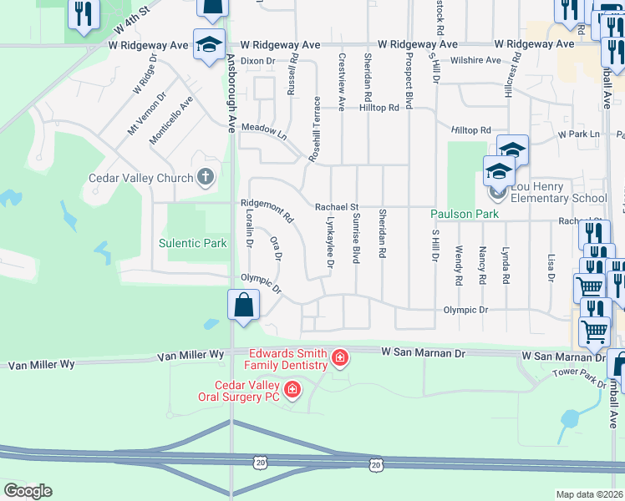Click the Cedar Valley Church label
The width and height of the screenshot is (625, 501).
[x=140, y=177]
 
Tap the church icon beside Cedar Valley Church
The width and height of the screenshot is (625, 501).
[x=206, y=177]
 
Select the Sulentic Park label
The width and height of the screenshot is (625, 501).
[x=193, y=244]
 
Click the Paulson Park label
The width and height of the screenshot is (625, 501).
[x=465, y=214]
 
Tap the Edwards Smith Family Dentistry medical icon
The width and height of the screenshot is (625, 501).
[x=340, y=359]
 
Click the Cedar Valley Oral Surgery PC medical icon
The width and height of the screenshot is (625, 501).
[x=292, y=389]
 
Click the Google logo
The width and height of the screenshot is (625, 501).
[x=27, y=491]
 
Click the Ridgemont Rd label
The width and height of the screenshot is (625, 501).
[x=267, y=210]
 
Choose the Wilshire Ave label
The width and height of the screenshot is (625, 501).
[x=475, y=60]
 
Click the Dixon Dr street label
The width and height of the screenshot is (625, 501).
[x=257, y=61]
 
